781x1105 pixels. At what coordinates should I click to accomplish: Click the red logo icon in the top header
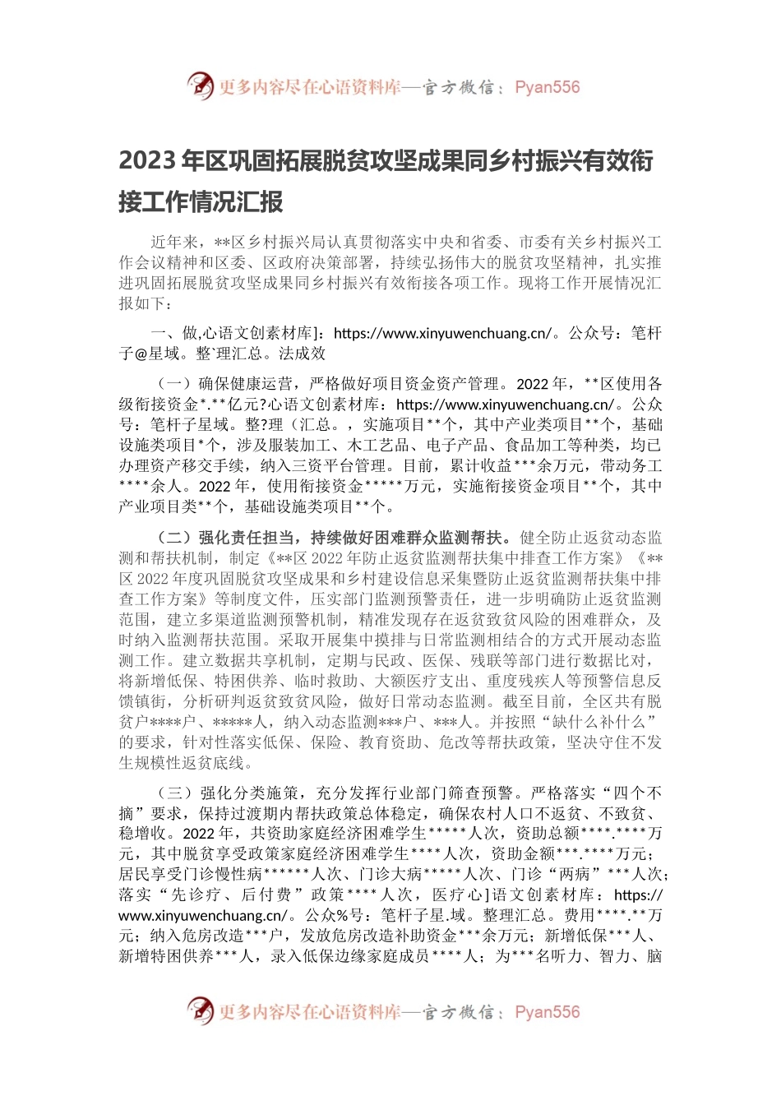(201, 86)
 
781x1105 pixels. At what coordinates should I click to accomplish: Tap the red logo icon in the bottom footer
(201, 1011)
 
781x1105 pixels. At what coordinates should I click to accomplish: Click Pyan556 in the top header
(548, 87)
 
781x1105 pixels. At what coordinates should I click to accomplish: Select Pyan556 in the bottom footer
(548, 1012)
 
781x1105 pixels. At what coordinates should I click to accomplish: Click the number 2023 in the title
(148, 160)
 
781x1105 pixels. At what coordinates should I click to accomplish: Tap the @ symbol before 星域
(143, 354)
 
